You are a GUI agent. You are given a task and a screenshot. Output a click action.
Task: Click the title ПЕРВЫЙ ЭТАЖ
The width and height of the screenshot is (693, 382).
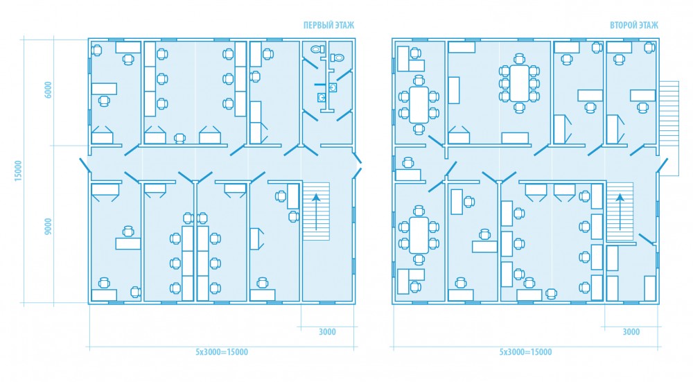pyautogui.click(x=328, y=25)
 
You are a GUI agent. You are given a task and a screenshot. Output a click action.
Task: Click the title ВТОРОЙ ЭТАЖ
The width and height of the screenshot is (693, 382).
pyautogui.click(x=634, y=25)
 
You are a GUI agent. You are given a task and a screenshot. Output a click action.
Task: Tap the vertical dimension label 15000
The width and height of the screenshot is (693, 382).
pyautogui.click(x=18, y=171)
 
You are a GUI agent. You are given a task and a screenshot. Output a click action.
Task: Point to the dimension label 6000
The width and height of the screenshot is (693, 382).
pyautogui.click(x=49, y=90)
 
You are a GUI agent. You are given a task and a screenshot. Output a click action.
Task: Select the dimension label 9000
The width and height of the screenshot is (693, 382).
pyautogui.click(x=49, y=227)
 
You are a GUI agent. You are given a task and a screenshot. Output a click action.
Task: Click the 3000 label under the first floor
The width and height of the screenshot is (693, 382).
pyautogui.click(x=327, y=332)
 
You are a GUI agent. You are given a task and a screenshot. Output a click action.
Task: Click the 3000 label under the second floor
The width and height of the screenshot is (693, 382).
pyautogui.click(x=631, y=332)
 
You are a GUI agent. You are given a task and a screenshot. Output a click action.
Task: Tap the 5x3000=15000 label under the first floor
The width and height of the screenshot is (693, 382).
pyautogui.click(x=222, y=352)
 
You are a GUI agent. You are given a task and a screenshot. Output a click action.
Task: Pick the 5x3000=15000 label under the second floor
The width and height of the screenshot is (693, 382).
pyautogui.click(x=525, y=352)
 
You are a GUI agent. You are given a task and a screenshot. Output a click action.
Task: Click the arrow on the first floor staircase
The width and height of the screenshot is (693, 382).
pyautogui.click(x=317, y=211)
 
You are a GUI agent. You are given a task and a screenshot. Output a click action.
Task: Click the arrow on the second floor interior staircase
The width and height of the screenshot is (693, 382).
pyautogui.click(x=620, y=211)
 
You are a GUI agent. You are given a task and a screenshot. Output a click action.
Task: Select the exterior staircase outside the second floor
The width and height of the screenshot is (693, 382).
pyautogui.click(x=669, y=128)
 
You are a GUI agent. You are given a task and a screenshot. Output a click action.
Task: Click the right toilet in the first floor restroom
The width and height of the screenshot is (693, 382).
pyautogui.click(x=337, y=57)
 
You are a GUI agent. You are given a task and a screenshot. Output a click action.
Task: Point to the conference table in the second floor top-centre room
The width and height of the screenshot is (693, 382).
pyautogui.click(x=519, y=83)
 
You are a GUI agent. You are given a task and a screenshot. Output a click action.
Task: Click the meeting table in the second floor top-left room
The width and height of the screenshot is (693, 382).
pyautogui.click(x=419, y=105)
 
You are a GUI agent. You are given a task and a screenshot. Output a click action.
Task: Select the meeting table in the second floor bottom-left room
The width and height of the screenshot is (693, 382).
pyautogui.click(x=419, y=235)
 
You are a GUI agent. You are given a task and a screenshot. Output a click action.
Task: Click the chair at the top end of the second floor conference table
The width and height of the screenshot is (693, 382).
pyautogui.click(x=519, y=59)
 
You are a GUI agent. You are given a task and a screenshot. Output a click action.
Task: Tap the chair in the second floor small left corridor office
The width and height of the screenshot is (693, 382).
pyautogui.click(x=407, y=163)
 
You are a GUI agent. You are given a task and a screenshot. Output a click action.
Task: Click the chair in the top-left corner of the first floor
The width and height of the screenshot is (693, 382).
pyautogui.click(x=96, y=50)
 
